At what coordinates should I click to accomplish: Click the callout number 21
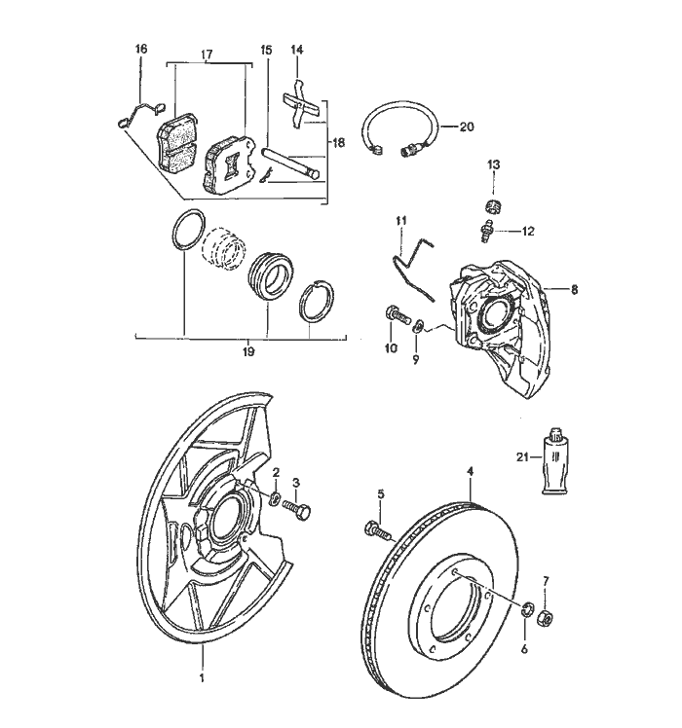coord(523,455)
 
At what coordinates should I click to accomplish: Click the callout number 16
coord(141,49)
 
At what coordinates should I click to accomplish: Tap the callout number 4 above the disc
coord(471,471)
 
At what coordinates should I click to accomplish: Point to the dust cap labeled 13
coord(493,203)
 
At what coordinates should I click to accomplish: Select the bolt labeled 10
coord(393,315)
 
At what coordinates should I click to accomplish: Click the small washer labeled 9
coord(418,324)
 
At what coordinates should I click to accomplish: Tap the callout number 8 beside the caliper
coord(574,289)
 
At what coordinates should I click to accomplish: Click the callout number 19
coord(246,351)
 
